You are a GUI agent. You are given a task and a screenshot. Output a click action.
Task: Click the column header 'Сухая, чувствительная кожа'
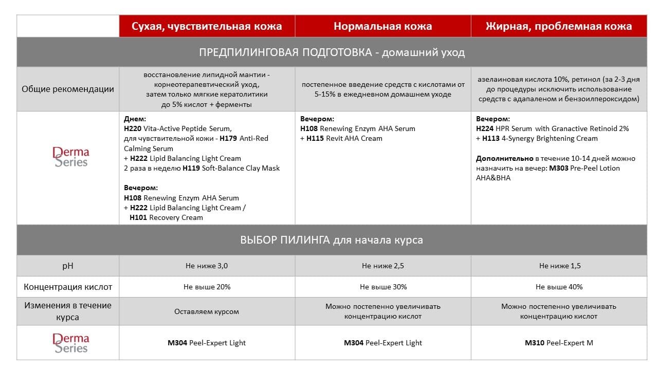[207, 26]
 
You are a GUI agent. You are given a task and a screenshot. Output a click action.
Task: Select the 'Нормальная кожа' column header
[382, 26]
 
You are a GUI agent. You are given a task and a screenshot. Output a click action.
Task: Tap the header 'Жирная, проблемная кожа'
[559, 26]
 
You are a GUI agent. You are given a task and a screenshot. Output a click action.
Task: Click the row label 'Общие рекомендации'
[68, 89]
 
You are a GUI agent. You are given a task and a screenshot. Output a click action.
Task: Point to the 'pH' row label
[68, 266]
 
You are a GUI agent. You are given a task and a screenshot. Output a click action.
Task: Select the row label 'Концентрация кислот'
[68, 287]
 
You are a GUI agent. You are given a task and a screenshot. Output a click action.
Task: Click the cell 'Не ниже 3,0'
[207, 266]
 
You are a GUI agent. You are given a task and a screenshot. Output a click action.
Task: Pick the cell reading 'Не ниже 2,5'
[382, 266]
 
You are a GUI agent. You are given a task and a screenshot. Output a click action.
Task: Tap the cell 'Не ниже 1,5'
[559, 266]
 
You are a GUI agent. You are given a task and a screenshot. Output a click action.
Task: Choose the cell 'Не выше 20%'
[207, 287]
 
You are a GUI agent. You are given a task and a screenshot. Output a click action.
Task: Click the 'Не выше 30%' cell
[383, 287]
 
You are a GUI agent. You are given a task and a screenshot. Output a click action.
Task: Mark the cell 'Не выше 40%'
[559, 287]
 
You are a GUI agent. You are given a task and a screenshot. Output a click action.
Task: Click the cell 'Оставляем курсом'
[207, 311]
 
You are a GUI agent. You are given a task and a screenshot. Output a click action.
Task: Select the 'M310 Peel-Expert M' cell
[559, 343]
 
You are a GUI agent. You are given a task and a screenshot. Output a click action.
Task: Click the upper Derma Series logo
[71, 157]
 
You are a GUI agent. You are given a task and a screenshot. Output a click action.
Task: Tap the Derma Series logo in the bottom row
[71, 343]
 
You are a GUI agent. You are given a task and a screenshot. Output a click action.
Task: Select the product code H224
[485, 128]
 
